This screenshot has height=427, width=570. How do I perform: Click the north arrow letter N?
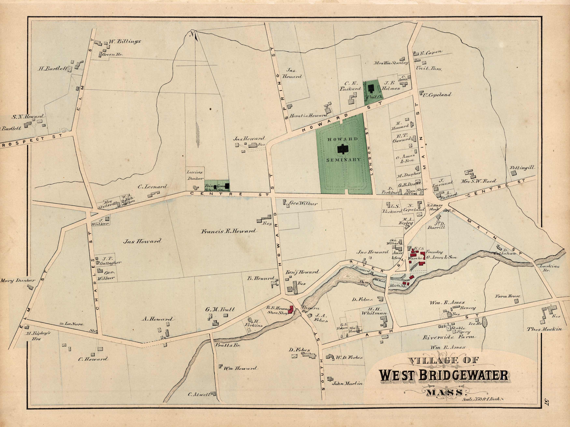[192, 34]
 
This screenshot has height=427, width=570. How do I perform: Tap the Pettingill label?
[522, 168]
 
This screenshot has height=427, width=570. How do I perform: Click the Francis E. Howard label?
[228, 231]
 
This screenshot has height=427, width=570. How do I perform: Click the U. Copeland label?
[437, 95]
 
